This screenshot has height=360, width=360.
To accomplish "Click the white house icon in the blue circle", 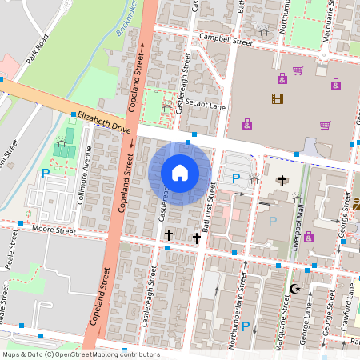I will coord(180,173).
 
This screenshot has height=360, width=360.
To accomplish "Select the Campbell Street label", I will coord(220,38).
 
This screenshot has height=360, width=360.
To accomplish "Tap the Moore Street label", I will coord(54,231).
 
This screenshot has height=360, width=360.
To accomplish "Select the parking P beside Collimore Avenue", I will coord(46,172).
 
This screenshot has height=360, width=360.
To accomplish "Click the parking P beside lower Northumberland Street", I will coord(245,326).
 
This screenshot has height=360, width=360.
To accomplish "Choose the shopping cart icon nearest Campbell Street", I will coord(298,71).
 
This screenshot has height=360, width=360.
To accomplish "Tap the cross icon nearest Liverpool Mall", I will coord(281,180).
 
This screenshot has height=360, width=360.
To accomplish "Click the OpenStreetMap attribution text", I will coord(81,354).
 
